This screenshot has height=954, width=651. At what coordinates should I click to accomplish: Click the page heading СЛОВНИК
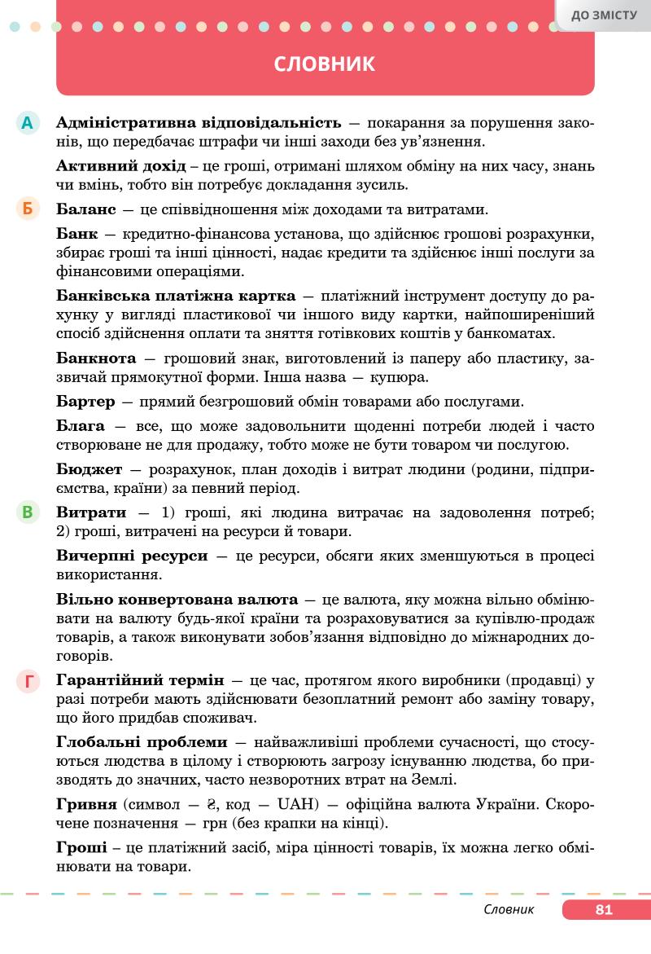(x=325, y=64)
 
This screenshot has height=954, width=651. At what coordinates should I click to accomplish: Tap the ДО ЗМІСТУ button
(x=604, y=14)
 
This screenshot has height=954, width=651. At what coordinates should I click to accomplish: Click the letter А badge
(x=27, y=123)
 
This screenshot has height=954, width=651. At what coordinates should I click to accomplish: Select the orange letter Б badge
(x=27, y=209)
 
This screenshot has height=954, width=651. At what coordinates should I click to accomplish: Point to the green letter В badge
(x=27, y=512)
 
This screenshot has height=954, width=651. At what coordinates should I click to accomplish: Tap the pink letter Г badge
(x=27, y=681)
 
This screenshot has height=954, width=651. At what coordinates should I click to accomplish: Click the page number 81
(x=603, y=910)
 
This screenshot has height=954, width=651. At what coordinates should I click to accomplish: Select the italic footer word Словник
(x=509, y=910)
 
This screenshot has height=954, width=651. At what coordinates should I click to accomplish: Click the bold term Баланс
(x=89, y=209)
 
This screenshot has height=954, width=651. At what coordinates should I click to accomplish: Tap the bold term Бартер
(x=87, y=402)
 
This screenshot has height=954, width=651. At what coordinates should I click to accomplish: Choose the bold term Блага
(x=81, y=425)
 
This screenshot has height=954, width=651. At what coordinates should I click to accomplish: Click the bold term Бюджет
(x=90, y=469)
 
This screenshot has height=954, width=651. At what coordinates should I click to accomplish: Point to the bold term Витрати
(x=92, y=512)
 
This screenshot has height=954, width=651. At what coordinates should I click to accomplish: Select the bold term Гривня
(x=87, y=805)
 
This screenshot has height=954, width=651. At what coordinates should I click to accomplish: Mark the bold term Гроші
(x=82, y=848)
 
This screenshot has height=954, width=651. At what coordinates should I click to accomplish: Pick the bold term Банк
(x=77, y=234)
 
